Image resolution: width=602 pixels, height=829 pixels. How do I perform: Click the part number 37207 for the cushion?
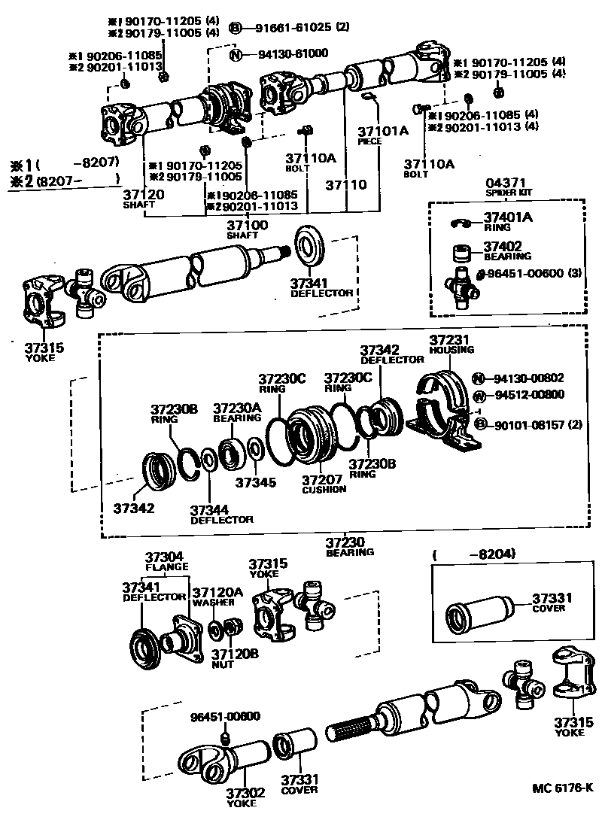(323, 479)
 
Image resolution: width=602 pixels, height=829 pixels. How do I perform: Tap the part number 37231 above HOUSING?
(451, 340)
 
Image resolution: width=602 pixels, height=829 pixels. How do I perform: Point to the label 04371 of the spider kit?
(503, 183)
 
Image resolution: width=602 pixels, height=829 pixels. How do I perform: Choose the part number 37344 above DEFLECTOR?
(211, 509)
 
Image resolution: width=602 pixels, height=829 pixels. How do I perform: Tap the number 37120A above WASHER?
(217, 593)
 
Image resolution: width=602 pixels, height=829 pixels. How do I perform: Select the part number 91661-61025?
(289, 28)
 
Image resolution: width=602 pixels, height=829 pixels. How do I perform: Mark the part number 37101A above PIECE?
(382, 131)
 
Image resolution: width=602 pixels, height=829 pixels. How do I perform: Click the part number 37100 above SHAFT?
(248, 225)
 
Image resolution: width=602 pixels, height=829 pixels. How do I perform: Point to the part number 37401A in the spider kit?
(508, 217)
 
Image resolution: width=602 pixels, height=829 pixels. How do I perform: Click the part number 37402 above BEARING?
(503, 246)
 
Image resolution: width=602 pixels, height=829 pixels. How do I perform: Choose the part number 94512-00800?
(529, 395)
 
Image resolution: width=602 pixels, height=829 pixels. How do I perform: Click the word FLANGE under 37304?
(166, 567)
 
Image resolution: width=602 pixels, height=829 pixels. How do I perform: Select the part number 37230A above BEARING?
(237, 408)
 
